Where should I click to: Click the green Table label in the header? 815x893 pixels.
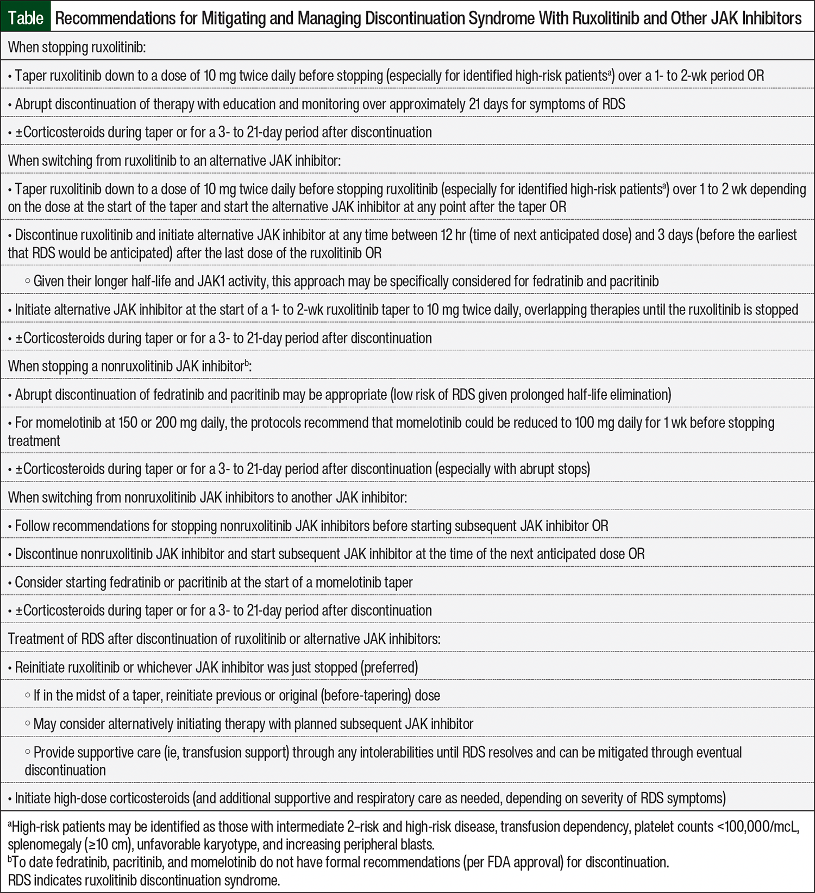[26, 18]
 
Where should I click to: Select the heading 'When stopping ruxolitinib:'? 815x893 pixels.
[77, 47]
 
